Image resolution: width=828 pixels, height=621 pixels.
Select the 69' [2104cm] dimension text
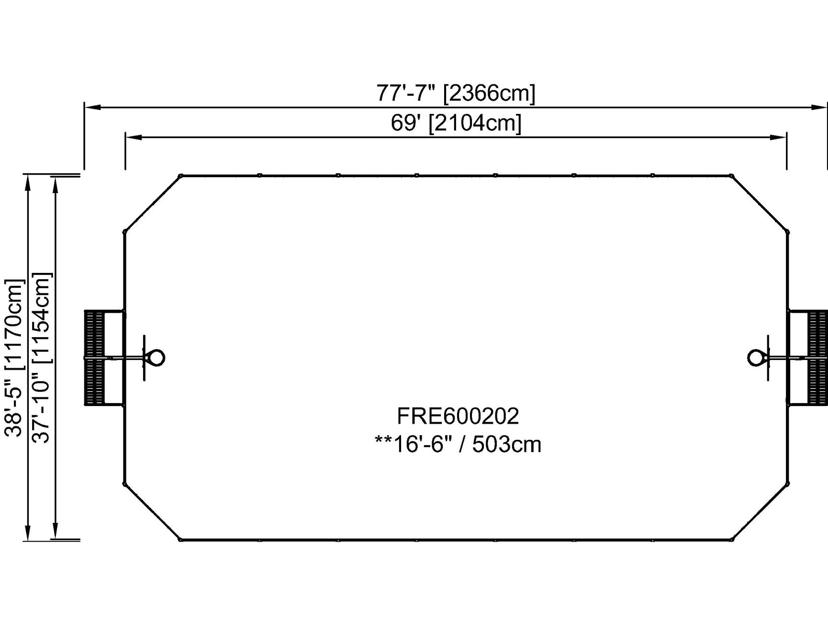(x=456, y=123)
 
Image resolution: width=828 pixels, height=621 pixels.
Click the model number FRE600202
(x=458, y=416)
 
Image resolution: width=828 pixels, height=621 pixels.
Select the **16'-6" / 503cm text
(x=458, y=444)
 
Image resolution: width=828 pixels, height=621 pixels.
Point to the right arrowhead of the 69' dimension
(x=779, y=138)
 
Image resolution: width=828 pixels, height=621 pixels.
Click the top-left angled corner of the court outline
(x=152, y=203)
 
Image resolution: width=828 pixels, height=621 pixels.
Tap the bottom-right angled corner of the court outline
(x=760, y=511)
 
